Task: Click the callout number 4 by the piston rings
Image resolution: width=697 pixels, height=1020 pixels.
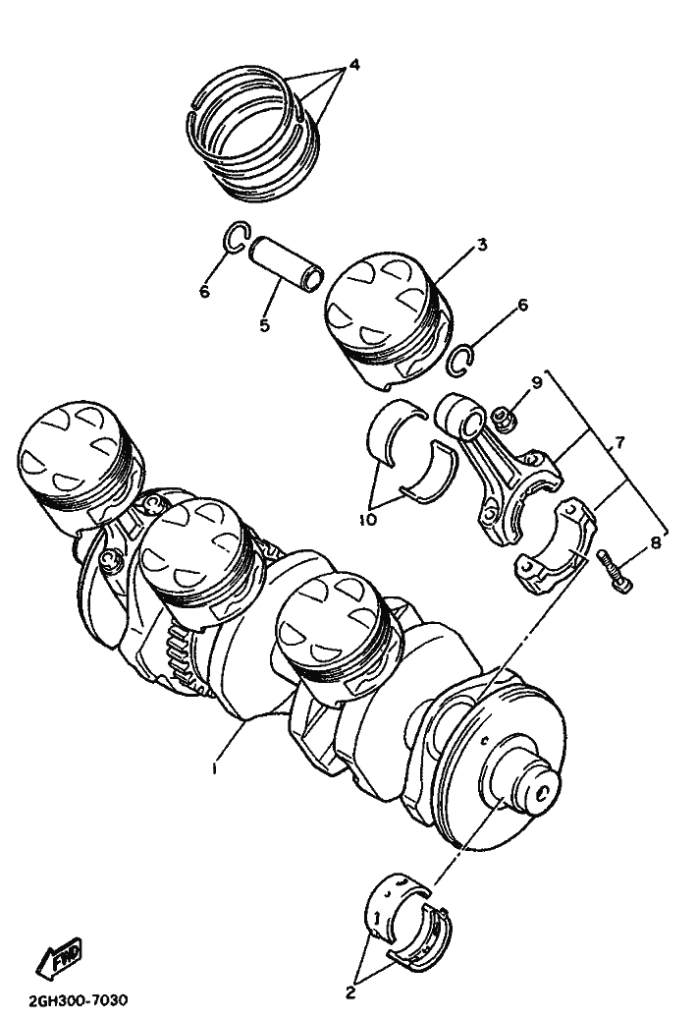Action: (x=354, y=65)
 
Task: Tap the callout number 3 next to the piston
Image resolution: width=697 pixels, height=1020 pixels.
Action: (x=481, y=246)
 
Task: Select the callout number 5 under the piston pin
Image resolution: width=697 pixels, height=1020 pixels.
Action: (x=264, y=325)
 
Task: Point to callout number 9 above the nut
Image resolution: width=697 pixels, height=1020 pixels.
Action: (x=537, y=383)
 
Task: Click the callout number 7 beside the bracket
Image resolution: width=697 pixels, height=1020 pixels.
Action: (x=618, y=443)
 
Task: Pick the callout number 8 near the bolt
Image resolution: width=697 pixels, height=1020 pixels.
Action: (x=656, y=541)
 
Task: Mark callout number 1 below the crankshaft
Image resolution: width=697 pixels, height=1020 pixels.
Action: (x=214, y=768)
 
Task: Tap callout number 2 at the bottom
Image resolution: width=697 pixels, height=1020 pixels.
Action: (x=350, y=992)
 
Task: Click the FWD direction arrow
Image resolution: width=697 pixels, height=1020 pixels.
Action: (x=59, y=958)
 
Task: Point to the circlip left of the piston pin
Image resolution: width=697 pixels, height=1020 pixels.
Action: (x=237, y=237)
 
